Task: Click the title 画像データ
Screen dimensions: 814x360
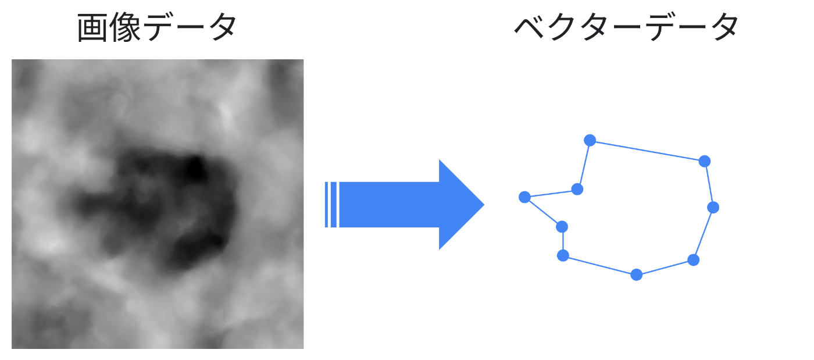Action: (156, 27)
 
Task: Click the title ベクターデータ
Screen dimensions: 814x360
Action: (626, 27)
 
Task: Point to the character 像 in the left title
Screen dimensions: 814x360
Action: (127, 27)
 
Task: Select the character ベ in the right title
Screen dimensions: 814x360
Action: (529, 27)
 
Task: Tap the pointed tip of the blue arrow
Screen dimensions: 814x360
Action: (483, 205)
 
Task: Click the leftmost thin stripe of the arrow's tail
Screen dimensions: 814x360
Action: (327, 205)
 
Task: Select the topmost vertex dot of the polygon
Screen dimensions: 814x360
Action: (590, 140)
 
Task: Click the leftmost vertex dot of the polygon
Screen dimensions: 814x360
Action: (524, 197)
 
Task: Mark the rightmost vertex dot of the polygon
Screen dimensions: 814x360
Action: (713, 207)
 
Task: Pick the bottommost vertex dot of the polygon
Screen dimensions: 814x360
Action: (637, 275)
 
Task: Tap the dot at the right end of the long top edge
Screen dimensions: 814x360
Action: (704, 161)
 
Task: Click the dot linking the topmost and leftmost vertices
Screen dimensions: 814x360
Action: (577, 189)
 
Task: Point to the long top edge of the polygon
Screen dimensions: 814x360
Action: (647, 151)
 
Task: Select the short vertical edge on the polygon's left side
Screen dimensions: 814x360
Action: (562, 241)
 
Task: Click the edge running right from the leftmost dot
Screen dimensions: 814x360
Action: (551, 193)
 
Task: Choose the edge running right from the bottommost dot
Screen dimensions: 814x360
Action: (665, 268)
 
